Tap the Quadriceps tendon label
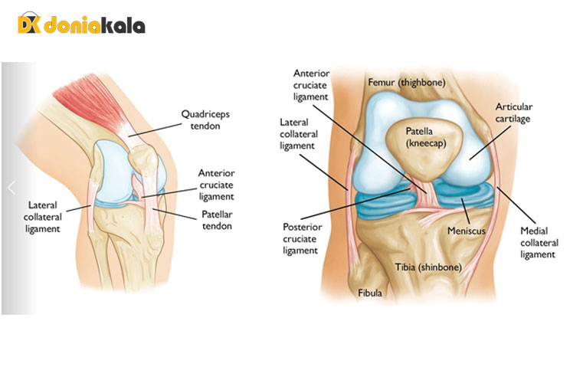click(x=205, y=120)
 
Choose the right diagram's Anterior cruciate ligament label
click(x=313, y=85)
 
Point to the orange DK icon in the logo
click(x=29, y=25)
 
